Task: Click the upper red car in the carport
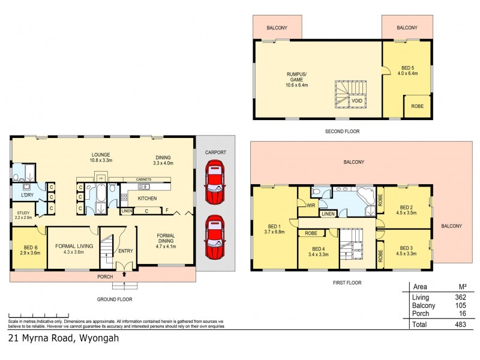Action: pyautogui.click(x=215, y=184)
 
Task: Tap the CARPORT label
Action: pyautogui.click(x=215, y=152)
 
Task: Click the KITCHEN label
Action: pyautogui.click(x=148, y=198)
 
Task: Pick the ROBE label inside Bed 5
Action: pyautogui.click(x=417, y=106)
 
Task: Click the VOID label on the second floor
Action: pyautogui.click(x=356, y=101)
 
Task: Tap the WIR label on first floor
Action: pyautogui.click(x=311, y=205)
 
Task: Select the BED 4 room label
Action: pyautogui.click(x=319, y=250)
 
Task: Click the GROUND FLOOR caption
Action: pyautogui.click(x=115, y=299)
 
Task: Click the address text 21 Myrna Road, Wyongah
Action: pyautogui.click(x=64, y=338)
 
